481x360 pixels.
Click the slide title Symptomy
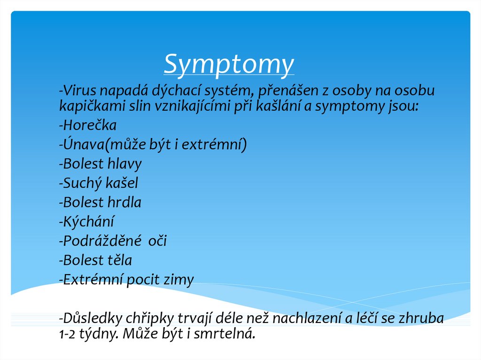229,64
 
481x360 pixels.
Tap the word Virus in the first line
77,90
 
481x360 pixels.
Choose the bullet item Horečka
88,126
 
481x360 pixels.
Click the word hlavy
124,164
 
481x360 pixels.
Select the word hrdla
124,203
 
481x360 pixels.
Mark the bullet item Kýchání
86,222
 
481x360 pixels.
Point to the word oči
157,241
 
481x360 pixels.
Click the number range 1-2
67,335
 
